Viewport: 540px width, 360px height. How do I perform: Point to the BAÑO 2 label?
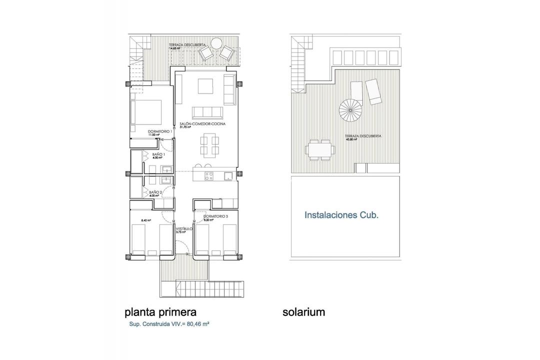click(155, 192)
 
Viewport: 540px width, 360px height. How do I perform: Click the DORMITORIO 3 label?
click(216, 216)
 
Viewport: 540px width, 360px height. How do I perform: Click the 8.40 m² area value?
click(146, 220)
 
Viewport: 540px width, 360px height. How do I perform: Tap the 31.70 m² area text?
click(186, 127)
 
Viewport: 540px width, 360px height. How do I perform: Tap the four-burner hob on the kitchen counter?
click(210, 175)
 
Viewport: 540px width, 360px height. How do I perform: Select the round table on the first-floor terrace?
click(216, 43)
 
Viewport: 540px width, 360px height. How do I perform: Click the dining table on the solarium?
click(319, 148)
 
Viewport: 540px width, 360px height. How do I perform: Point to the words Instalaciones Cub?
click(341, 215)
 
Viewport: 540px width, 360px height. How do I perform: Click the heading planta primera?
click(160, 312)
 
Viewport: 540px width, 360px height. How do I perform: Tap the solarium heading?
click(303, 312)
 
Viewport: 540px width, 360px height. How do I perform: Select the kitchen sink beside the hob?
click(228, 175)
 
